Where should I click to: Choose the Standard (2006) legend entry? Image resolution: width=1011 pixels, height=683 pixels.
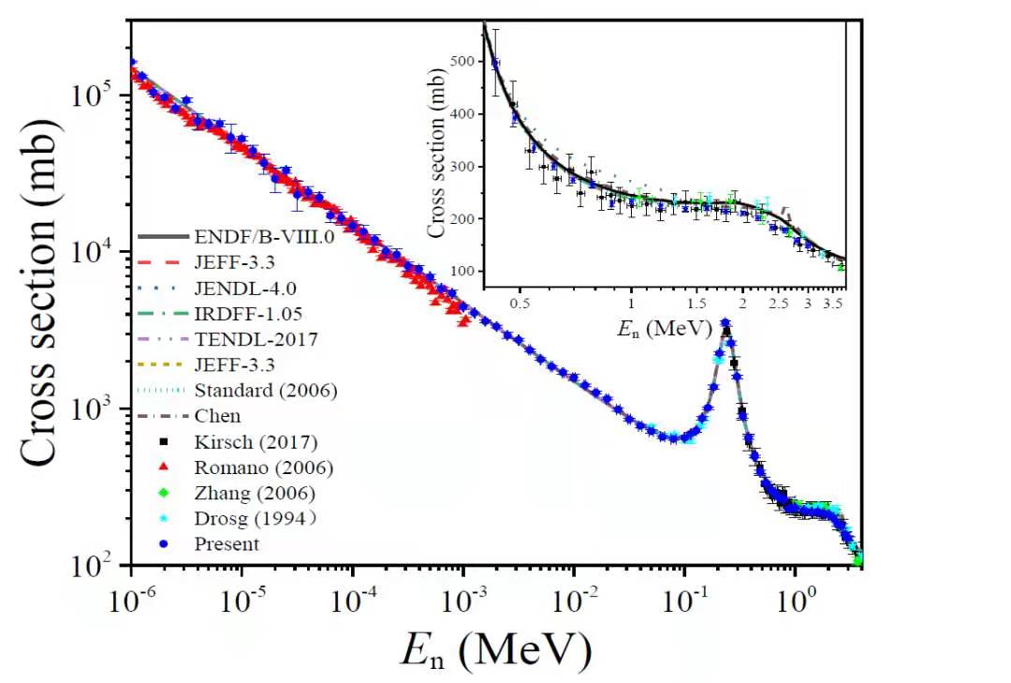point(266,390)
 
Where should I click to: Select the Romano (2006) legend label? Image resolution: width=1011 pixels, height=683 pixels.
point(264,467)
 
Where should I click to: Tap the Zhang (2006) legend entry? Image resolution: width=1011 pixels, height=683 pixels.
point(255,492)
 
